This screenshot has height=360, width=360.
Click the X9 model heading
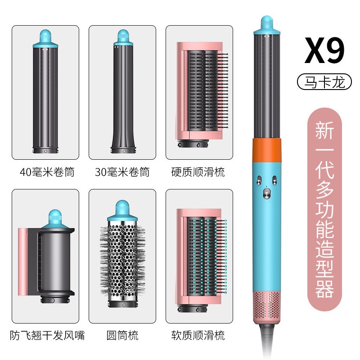pyautogui.click(x=324, y=50)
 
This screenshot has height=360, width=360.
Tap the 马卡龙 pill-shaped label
pyautogui.click(x=324, y=81)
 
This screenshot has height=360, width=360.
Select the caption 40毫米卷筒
pyautogui.click(x=47, y=172)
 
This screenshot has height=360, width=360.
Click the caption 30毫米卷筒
pyautogui.click(x=122, y=172)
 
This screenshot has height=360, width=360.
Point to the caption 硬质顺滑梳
pyautogui.click(x=198, y=172)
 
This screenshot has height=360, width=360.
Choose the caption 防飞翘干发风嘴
pyautogui.click(x=47, y=335)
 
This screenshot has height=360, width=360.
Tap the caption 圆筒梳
pyautogui.click(x=122, y=335)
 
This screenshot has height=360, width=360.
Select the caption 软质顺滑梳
pyautogui.click(x=198, y=335)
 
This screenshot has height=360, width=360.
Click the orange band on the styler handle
pyautogui.click(x=267, y=150)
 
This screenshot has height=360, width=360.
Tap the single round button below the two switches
pyautogui.click(x=266, y=193)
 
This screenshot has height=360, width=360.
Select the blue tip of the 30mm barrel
pyautogui.click(x=123, y=37)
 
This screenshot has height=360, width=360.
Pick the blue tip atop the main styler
pyautogui.click(x=266, y=25)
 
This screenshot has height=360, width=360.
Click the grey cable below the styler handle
pyautogui.click(x=267, y=340)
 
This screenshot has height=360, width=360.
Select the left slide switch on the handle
pyautogui.click(x=259, y=180)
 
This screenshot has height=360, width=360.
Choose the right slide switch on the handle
pyautogui.click(x=274, y=180)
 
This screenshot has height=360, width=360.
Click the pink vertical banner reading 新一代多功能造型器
pyautogui.click(x=324, y=210)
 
